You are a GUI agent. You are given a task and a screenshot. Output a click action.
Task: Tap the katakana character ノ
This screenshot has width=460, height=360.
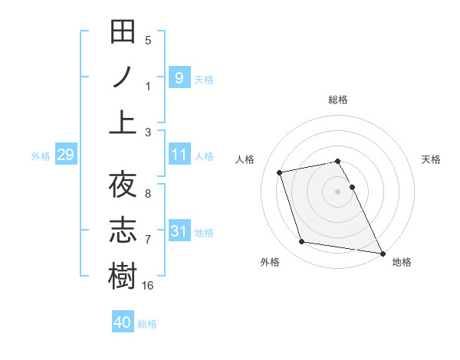(x=123, y=77)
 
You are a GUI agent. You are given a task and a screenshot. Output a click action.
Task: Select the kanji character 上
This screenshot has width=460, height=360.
(x=123, y=122)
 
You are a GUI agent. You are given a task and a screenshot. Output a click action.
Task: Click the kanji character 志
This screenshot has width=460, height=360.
(x=123, y=230)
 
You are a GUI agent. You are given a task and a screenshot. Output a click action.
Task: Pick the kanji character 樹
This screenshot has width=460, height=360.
(x=123, y=275)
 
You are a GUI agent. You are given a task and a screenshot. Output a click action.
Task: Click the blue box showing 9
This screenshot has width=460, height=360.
(x=179, y=77)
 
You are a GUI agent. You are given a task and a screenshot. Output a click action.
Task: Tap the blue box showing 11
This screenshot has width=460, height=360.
(x=179, y=155)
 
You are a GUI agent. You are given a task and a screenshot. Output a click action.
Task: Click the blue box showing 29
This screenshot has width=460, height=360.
(x=65, y=155)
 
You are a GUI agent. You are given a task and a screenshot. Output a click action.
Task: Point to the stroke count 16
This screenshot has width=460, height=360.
(x=149, y=285)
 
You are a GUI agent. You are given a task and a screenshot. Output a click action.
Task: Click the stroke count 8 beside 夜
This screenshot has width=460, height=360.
(x=148, y=193)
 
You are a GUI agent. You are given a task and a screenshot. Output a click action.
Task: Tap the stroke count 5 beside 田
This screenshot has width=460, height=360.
(x=148, y=41)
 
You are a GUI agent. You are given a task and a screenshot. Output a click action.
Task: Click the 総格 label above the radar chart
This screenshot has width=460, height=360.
(x=337, y=100)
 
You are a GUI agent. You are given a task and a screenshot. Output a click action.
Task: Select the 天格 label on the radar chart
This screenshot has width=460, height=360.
(x=431, y=160)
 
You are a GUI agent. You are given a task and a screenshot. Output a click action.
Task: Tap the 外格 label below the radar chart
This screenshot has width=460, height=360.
(x=270, y=263)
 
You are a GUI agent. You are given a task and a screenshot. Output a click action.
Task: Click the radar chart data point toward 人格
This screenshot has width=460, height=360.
(x=280, y=172)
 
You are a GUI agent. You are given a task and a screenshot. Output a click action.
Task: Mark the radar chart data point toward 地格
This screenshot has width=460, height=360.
(x=382, y=253)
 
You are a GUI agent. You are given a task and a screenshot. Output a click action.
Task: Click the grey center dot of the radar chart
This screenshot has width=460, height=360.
(x=337, y=191)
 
